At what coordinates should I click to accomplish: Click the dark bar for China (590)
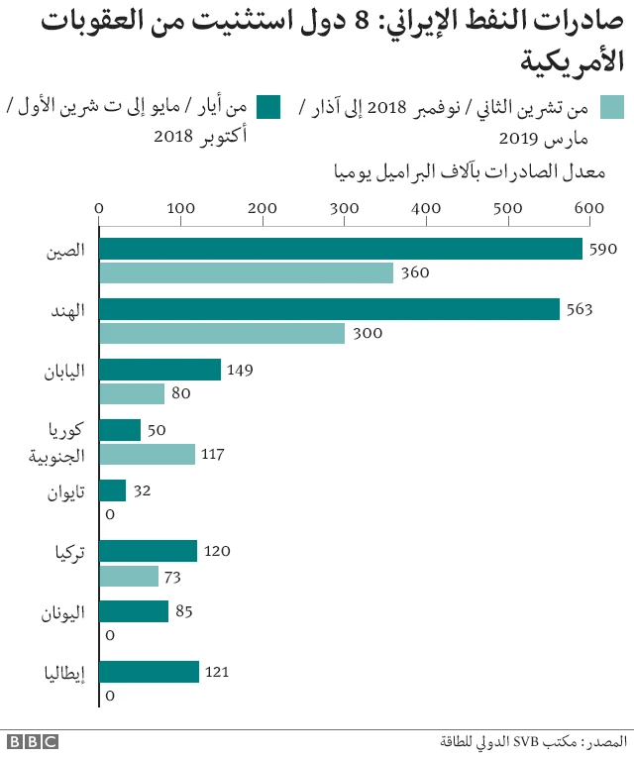tap(341, 249)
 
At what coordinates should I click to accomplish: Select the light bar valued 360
tap(247, 272)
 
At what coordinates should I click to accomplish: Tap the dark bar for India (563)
tap(330, 309)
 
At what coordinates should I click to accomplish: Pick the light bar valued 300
tap(222, 333)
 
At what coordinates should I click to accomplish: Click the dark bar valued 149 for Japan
tap(160, 370)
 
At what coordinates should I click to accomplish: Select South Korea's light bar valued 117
tap(148, 454)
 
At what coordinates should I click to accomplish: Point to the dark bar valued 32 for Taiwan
tap(113, 490)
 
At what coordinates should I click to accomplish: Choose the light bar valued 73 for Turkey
tap(130, 576)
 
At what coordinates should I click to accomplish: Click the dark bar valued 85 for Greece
tap(135, 611)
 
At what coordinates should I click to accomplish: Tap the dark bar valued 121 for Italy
tap(150, 672)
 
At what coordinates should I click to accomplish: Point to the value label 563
tap(578, 310)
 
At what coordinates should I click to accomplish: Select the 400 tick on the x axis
tap(426, 207)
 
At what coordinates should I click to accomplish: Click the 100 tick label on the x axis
tap(180, 207)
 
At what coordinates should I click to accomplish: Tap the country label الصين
tap(64, 250)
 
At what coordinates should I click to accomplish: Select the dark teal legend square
tap(268, 106)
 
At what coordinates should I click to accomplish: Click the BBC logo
tap(33, 741)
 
